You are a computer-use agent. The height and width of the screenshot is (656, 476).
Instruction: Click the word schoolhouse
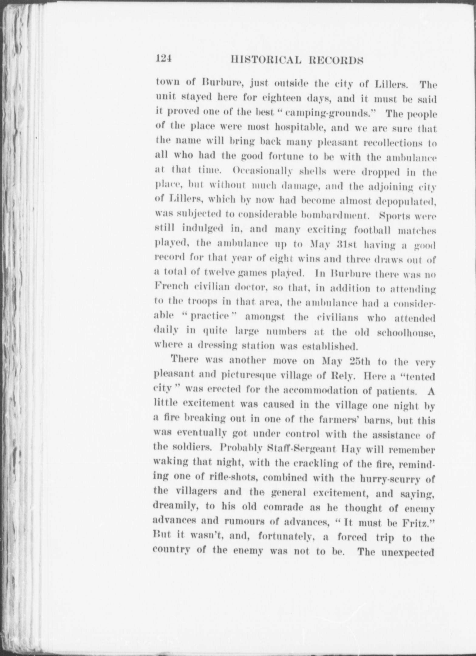pyautogui.click(x=406, y=332)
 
